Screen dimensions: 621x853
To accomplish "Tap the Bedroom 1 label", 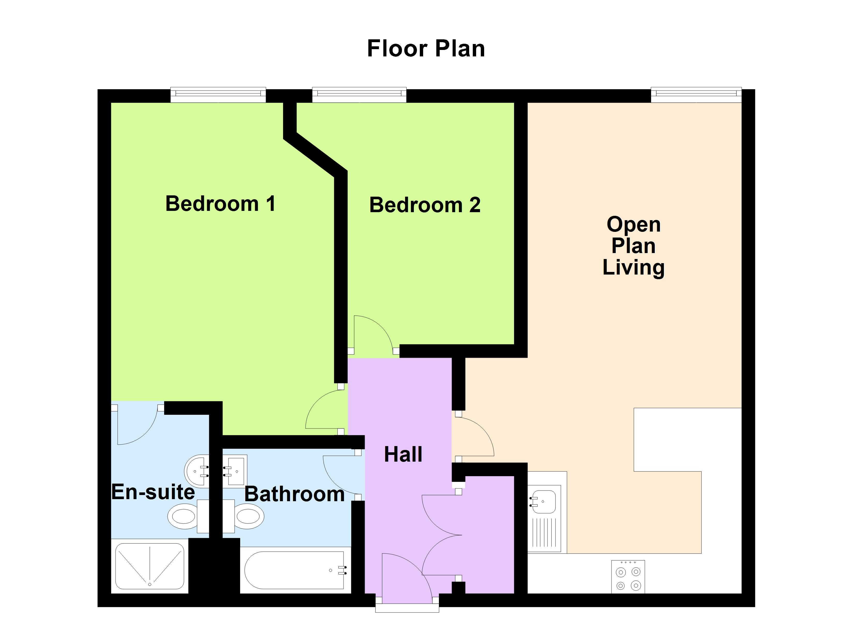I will (220, 204).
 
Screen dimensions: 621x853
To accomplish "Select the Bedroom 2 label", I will (425, 205).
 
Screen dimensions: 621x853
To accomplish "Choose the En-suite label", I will (153, 492).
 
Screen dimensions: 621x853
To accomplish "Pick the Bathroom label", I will (294, 494).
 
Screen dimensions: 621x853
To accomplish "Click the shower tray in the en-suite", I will (150, 566).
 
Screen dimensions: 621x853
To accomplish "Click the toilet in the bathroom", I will (246, 516).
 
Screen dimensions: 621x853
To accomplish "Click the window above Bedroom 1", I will (218, 95).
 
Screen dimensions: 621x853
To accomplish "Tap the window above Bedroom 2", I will (359, 95).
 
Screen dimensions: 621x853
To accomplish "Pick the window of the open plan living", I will (696, 95).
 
